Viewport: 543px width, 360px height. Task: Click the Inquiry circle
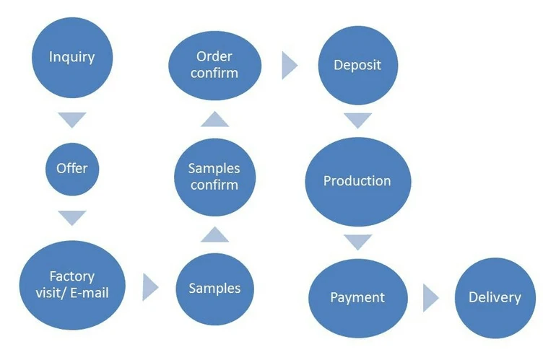[x=71, y=57]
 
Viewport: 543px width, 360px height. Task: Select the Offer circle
[x=71, y=168]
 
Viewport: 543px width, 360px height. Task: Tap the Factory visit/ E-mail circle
[x=71, y=284]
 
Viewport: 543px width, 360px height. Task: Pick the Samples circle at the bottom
[x=214, y=288]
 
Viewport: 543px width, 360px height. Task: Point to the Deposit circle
[x=357, y=65]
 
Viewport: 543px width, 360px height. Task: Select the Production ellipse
[x=357, y=180]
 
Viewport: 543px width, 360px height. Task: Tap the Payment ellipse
[x=357, y=297]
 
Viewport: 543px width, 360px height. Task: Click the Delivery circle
[x=495, y=297]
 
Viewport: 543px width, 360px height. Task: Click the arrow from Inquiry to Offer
[x=71, y=120]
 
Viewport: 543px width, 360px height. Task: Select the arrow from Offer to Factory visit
[x=71, y=217]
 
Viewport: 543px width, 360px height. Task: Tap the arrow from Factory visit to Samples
[x=149, y=286]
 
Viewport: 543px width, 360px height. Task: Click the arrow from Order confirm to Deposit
[x=289, y=65]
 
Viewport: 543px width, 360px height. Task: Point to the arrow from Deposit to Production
[x=357, y=120]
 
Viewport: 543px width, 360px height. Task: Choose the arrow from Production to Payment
[x=357, y=241]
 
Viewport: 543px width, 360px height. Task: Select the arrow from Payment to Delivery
[x=431, y=297]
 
